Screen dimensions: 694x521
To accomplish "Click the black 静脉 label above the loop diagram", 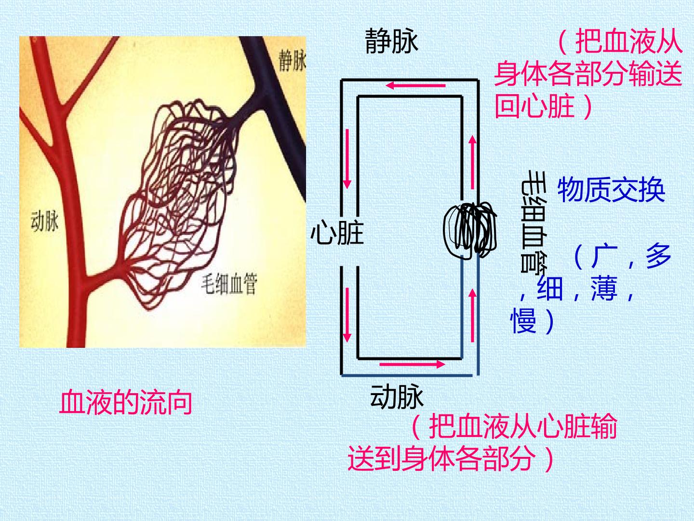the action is coord(391,41).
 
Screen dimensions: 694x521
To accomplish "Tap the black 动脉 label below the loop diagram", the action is coord(397,397).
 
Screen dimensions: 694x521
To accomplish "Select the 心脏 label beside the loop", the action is coord(337,233).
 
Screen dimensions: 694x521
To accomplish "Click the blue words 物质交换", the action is coord(611,190).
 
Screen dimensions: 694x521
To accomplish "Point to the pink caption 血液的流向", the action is coord(126,402).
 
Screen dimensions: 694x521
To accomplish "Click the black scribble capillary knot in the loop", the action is coord(470,229).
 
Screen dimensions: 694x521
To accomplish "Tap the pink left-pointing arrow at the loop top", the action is coord(415,85).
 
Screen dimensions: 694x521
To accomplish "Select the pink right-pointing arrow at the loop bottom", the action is coord(412,364).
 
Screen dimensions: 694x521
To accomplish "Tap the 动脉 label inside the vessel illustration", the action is coord(44,221).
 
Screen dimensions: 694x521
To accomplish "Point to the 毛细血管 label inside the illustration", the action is coord(229,284).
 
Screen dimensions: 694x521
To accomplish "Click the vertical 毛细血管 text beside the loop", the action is coord(534,221).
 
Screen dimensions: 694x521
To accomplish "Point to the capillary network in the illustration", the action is coord(180,203).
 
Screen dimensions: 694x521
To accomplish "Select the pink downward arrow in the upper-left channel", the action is coord(347,159).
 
